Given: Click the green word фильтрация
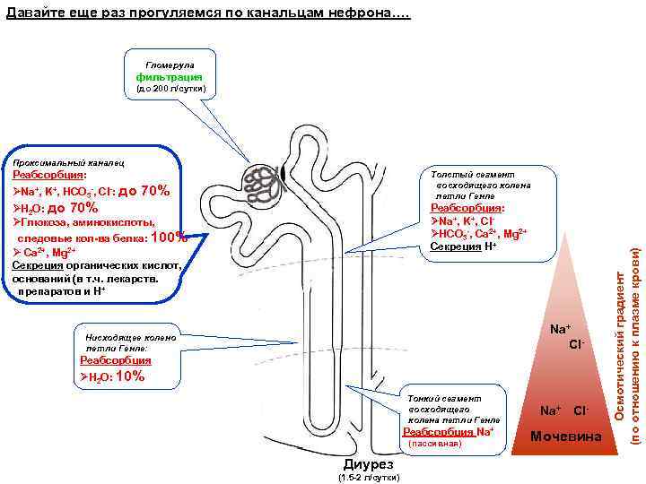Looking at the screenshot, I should click(170, 78).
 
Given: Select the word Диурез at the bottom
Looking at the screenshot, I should click(368, 464).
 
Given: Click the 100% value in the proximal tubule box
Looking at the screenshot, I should click(170, 238).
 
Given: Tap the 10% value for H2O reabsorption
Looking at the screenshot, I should click(130, 376).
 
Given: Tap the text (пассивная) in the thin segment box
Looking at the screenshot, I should click(434, 443).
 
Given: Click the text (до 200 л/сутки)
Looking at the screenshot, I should click(170, 90).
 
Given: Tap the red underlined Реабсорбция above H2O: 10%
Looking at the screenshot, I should click(116, 360).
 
